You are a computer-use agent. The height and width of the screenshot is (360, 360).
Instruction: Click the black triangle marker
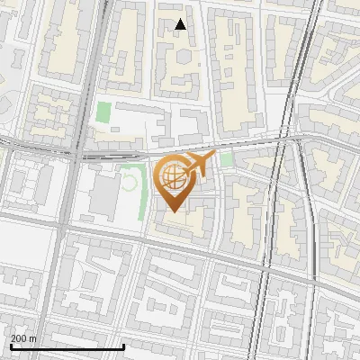pos(181,24)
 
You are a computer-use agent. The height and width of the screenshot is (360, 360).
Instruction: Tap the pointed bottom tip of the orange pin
pos(171,211)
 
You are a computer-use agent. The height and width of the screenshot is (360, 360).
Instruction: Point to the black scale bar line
pos(67,347)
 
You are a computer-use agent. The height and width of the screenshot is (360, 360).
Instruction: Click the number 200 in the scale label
pos(19,339)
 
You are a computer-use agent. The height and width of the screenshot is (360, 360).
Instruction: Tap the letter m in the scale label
pos(33,339)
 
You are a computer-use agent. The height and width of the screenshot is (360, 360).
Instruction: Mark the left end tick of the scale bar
pos(10,346)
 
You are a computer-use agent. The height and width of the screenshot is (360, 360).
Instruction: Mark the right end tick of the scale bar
pos(123,346)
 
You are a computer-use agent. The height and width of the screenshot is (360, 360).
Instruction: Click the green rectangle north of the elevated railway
pos(104,113)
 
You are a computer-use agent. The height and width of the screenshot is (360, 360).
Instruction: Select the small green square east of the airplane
pos(227,159)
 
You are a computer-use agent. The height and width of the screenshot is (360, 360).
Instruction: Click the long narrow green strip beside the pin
pos(143,193)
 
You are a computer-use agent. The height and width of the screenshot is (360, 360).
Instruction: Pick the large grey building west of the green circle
pos(104,196)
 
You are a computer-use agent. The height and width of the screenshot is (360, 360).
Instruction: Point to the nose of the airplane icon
pos(214,156)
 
